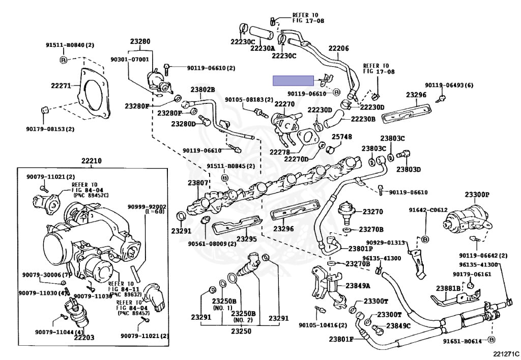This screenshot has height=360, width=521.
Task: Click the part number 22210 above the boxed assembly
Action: (x=92, y=161)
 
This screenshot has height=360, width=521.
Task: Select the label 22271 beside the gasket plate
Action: (x=61, y=86)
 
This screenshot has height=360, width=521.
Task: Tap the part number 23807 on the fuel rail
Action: (x=198, y=182)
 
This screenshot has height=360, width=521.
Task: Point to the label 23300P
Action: (x=477, y=195)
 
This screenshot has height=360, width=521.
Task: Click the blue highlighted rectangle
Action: (x=294, y=81)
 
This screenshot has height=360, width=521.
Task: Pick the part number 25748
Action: (x=342, y=136)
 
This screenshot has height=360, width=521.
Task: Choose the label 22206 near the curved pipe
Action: (x=338, y=48)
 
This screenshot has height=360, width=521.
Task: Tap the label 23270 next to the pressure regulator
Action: (x=373, y=211)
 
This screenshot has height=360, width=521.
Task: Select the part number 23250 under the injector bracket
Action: (x=241, y=331)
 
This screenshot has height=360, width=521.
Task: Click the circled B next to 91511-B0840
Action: (x=63, y=60)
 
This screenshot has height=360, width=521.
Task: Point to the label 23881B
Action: (x=448, y=288)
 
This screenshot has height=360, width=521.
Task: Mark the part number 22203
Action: (x=84, y=338)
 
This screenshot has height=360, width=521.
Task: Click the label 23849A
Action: (x=358, y=286)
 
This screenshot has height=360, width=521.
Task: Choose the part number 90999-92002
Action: (x=147, y=207)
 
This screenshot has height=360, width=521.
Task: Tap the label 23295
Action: (x=247, y=239)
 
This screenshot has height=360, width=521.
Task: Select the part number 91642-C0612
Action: (x=428, y=210)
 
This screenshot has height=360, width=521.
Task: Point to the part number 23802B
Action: (x=202, y=90)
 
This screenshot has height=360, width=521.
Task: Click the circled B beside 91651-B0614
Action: (x=492, y=340)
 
